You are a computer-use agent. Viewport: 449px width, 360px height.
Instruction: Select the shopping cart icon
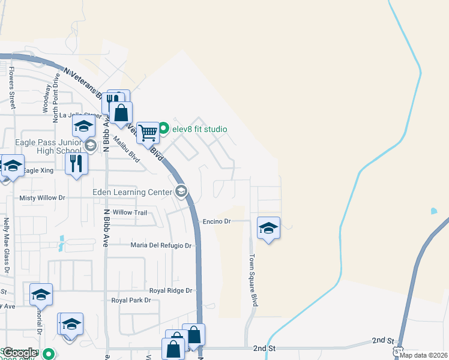148,133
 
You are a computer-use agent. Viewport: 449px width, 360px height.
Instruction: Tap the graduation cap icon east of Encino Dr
269,227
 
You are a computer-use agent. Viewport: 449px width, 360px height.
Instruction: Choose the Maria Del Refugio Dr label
161,245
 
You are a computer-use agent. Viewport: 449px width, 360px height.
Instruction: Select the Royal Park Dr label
130,300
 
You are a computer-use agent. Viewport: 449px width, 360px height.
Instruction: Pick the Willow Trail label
130,212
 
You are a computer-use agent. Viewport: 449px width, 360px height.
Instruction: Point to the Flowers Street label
11,83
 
